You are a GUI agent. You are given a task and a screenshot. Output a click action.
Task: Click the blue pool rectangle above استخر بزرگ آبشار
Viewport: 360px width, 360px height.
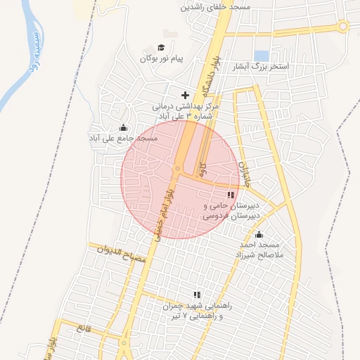pyautogui.click(x=262, y=55)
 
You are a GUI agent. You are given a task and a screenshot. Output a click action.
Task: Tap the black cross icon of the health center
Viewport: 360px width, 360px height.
pyautogui.click(x=186, y=95)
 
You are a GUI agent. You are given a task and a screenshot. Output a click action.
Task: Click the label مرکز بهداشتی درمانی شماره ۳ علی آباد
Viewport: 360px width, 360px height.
pyautogui.click(x=186, y=110)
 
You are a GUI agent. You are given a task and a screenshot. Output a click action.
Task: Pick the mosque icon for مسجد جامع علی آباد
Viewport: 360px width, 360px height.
pyautogui.click(x=124, y=128)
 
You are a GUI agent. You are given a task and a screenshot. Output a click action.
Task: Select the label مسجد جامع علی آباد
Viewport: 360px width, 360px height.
pyautogui.click(x=123, y=139)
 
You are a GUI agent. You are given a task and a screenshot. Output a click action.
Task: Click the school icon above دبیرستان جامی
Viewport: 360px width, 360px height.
pyautogui.click(x=231, y=195)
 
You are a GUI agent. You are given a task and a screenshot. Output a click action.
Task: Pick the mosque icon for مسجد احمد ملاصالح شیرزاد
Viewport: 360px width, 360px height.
pyautogui.click(x=259, y=235)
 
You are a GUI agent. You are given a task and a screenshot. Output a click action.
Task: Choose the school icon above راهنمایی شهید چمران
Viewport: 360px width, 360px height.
pyautogui.click(x=198, y=295)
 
